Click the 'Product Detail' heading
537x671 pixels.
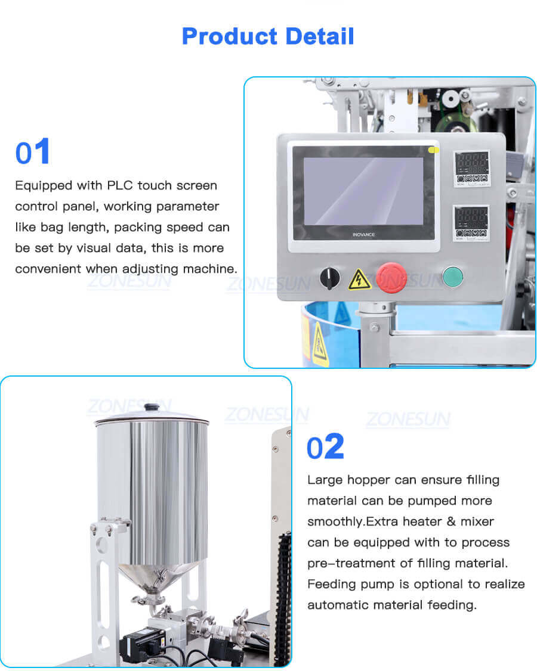point(268,36)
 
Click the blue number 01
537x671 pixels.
point(33,153)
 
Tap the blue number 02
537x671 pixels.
point(326,448)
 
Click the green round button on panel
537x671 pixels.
point(453,277)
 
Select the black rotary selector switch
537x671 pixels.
point(329,277)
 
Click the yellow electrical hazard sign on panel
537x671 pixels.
point(360,279)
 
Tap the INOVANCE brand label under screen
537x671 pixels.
point(363,234)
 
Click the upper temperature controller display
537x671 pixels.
point(471,161)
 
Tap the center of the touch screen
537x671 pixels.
point(363,191)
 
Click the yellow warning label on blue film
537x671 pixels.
point(319,345)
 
